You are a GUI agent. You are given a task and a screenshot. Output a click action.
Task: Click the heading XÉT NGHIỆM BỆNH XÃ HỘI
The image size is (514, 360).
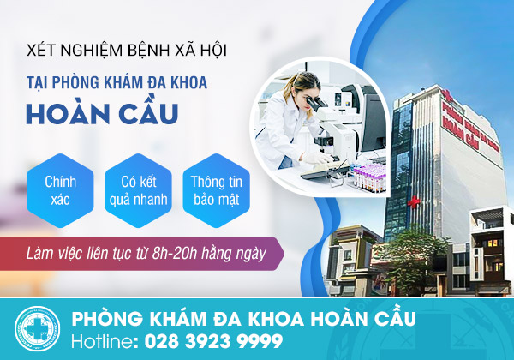pos(127,51)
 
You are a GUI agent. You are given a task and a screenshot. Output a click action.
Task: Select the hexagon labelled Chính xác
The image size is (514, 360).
pos(60,190)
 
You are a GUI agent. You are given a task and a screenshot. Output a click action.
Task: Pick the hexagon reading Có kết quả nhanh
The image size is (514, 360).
pos(138,190)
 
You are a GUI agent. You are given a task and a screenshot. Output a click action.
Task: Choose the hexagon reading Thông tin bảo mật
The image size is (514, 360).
pos(217,190)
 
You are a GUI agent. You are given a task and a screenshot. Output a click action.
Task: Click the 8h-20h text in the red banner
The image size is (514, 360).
pos(174,254)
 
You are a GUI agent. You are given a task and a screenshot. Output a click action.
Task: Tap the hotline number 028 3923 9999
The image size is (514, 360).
pos(213,341)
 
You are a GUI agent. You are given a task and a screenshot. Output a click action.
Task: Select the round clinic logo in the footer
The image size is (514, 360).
pos(37,329)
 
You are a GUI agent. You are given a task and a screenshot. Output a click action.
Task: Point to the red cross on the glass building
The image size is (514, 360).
pos(414,201)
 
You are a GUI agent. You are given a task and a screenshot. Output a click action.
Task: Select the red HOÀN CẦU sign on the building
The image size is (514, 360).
pos(459,130)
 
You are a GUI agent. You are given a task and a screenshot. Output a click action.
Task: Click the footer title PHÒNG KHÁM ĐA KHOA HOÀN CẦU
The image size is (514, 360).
pos(244,318)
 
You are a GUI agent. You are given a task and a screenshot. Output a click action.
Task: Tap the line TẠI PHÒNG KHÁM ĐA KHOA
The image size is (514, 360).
pos(117,82)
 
